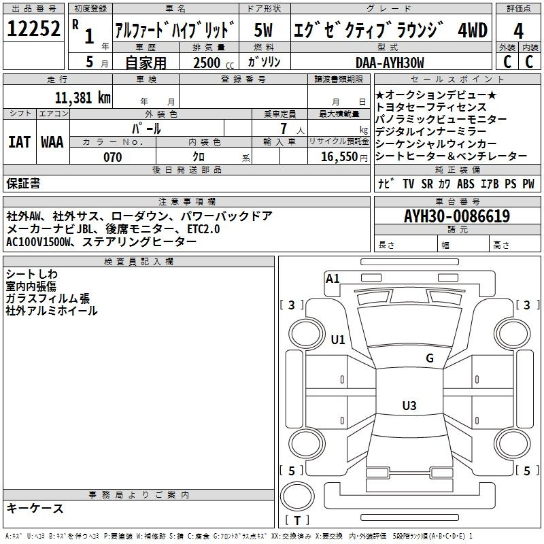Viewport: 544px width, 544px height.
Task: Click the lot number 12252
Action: click(33, 29)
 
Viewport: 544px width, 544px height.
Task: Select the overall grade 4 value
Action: click(518, 31)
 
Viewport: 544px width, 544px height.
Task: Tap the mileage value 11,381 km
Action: click(82, 98)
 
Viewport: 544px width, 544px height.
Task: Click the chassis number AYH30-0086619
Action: click(457, 216)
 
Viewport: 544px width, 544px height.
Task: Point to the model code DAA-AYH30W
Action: click(390, 63)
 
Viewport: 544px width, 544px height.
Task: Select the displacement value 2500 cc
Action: click(214, 63)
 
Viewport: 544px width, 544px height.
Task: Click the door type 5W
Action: click(263, 30)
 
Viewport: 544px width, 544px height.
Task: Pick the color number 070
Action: click(112, 157)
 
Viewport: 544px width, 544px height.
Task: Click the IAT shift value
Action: click(19, 142)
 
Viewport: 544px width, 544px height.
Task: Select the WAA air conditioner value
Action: click(52, 142)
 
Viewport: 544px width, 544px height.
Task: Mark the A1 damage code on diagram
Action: click(333, 278)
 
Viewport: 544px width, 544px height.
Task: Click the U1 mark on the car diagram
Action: click(338, 339)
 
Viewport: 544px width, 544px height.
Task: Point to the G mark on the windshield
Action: click(430, 358)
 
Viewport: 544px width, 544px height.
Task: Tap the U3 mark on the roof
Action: click(409, 405)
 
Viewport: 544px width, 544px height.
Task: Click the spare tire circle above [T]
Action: click(297, 496)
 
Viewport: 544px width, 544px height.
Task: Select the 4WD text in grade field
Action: click(473, 30)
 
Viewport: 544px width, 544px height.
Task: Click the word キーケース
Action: click(35, 509)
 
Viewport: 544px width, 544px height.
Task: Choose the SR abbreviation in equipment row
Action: click(427, 184)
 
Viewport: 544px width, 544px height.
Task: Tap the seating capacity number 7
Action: click(284, 129)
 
